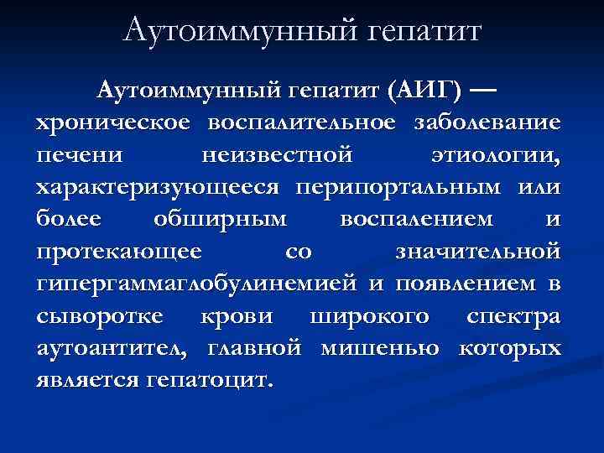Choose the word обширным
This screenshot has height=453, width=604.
tap(220, 220)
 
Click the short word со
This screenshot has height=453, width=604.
tap(298, 252)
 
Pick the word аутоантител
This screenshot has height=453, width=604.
tap(112, 348)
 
